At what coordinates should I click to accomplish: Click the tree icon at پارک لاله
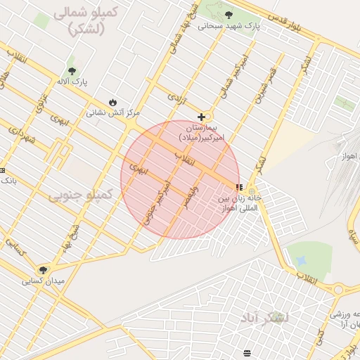point(72,70)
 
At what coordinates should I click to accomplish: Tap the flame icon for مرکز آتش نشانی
point(112,101)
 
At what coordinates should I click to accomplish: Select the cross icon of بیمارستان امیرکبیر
point(202,117)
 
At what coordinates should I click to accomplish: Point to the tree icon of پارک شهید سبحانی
point(229,14)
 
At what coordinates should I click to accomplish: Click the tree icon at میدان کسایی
point(43,270)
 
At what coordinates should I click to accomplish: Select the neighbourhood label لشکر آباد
point(266,320)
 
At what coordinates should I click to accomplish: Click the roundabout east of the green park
point(339,289)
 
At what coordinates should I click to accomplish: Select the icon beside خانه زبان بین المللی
point(239,188)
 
